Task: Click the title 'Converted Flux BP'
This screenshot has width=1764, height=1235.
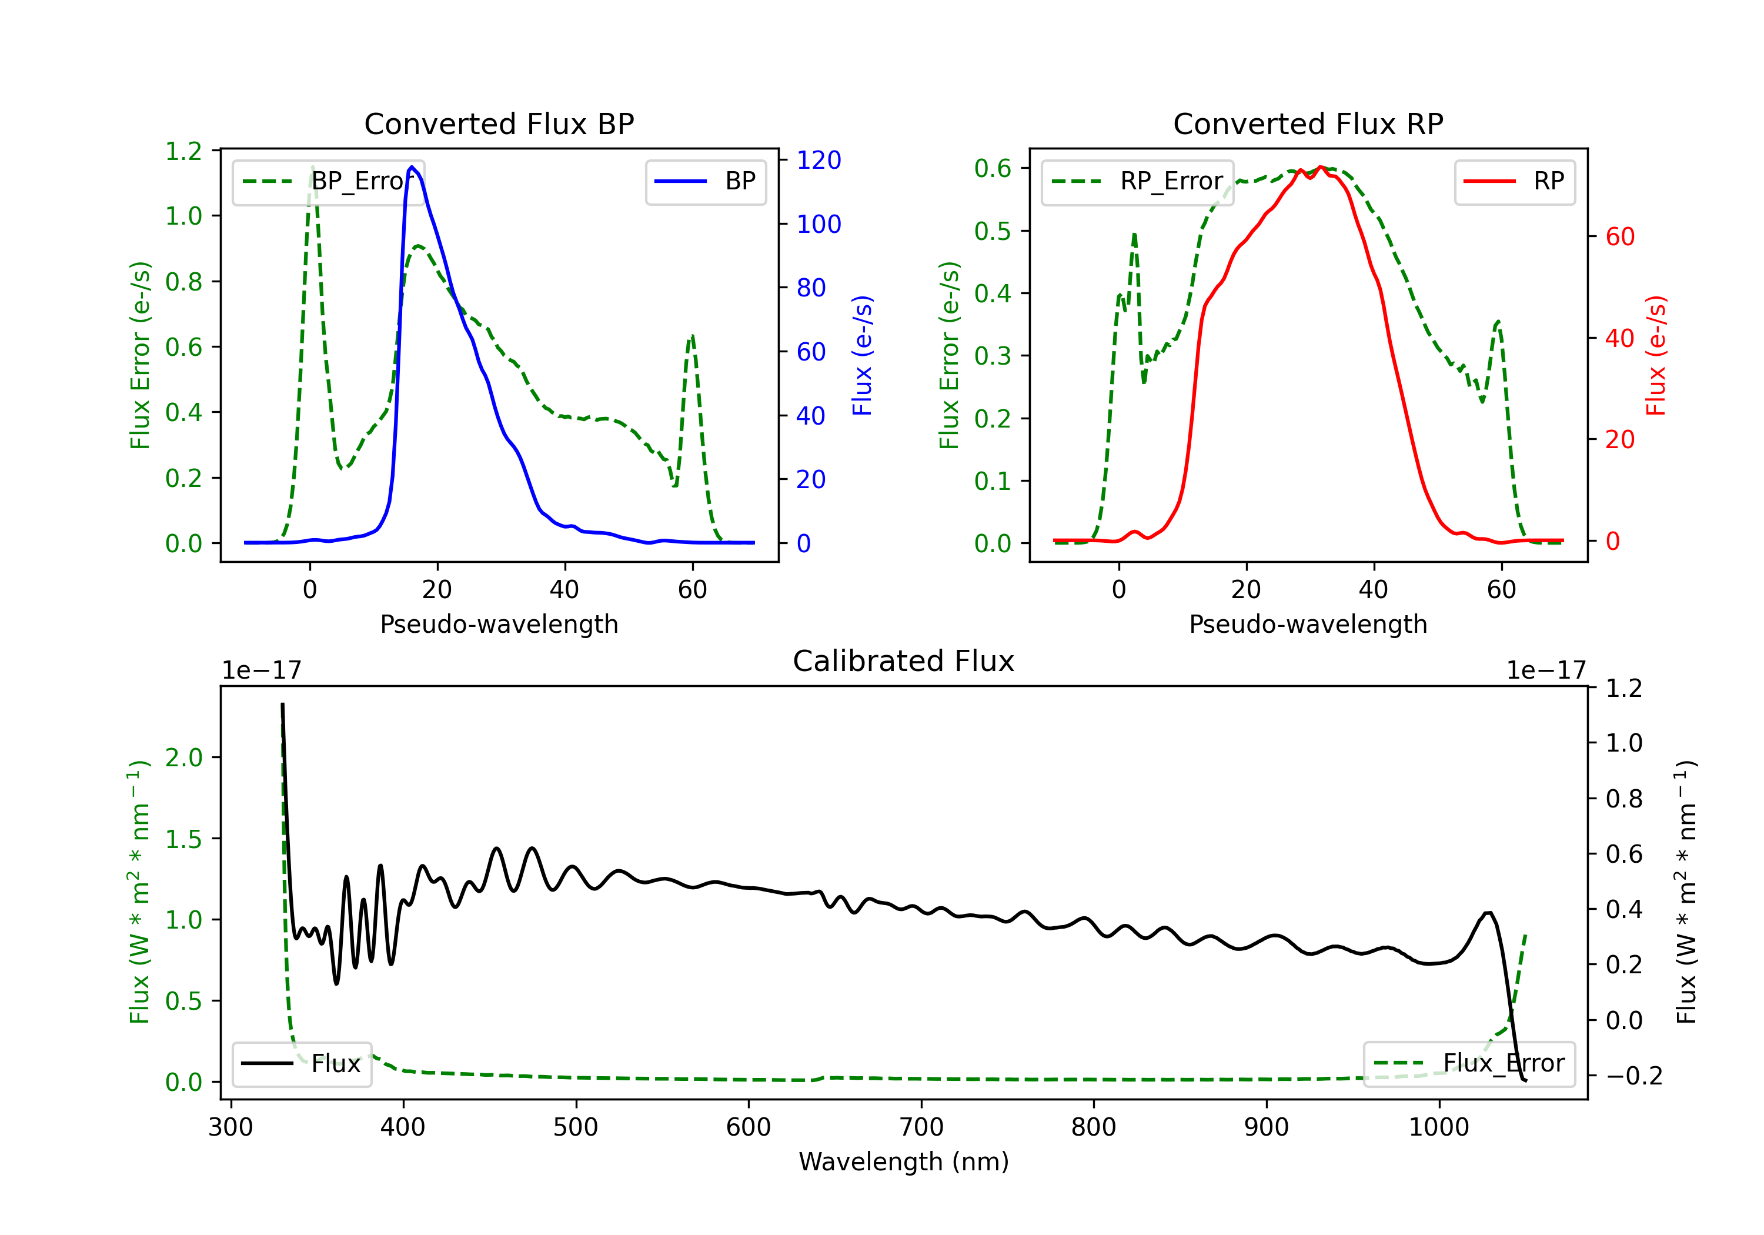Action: click(499, 123)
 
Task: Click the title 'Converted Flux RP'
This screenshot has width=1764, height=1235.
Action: click(1308, 123)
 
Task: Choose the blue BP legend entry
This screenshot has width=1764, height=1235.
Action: click(705, 181)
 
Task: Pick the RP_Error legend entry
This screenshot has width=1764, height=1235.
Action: click(1137, 181)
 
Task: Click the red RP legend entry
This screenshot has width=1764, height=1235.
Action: click(1514, 181)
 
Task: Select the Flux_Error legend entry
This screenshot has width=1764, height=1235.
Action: click(1468, 1064)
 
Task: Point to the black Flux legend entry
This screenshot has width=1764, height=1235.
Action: click(302, 1064)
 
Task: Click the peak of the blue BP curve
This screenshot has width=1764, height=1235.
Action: click(412, 167)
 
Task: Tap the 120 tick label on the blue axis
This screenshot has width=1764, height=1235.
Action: click(818, 160)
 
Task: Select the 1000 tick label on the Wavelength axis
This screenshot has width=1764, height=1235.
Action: click(1438, 1127)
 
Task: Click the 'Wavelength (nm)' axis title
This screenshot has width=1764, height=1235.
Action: click(904, 1161)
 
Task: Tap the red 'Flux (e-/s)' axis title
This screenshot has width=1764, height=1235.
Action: click(1656, 355)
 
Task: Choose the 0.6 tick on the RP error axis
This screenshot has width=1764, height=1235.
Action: click(993, 168)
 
